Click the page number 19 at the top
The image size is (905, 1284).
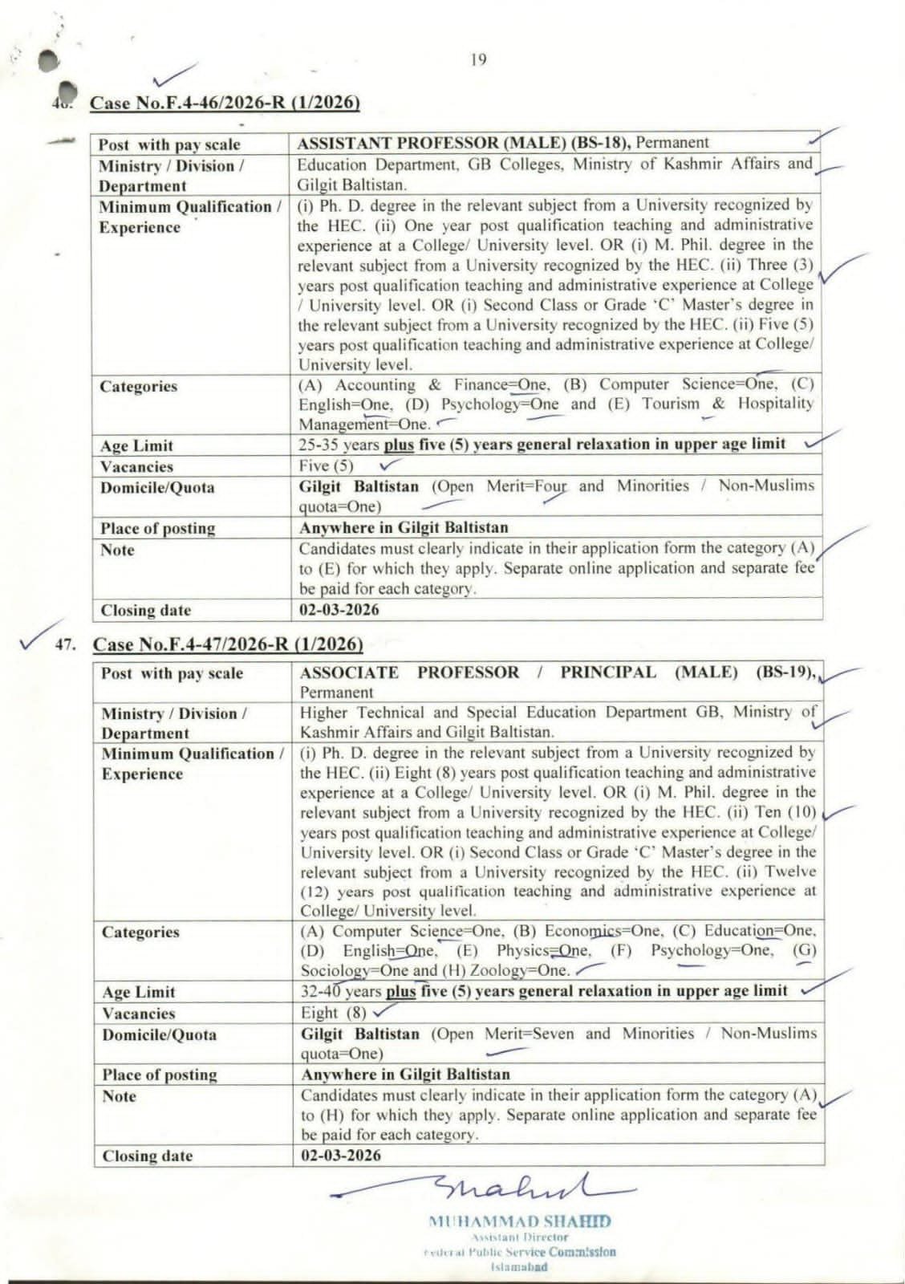coord(478,59)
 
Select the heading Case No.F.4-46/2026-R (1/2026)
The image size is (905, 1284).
coord(225,103)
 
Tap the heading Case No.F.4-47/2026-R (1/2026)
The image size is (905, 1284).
coord(228,644)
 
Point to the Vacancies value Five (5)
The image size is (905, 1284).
coord(326,465)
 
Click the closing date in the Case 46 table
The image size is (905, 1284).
coord(339,609)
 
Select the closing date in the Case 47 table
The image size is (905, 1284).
coord(341,1156)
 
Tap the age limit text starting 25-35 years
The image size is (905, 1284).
coord(542,445)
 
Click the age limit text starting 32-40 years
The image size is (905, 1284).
coord(544,992)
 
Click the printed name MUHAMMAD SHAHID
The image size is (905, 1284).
coord(520,1221)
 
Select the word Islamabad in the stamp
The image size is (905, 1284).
coord(520,1266)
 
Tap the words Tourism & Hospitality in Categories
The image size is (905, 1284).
coord(727,404)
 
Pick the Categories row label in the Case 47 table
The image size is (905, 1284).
coord(140,933)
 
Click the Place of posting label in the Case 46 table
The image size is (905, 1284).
coord(157,528)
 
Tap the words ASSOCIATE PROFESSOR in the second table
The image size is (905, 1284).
coord(409,672)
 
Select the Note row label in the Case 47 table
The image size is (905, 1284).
coord(118,1096)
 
